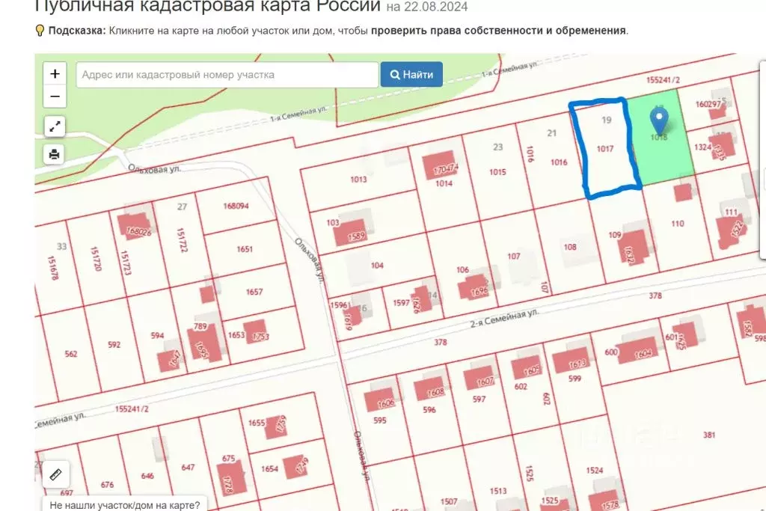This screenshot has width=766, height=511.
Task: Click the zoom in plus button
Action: pos(55,74)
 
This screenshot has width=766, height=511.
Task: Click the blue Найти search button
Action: pos(411,75)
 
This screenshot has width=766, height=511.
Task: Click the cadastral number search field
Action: pos(227,75)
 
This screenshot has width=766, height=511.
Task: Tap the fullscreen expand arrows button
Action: pos(55,126)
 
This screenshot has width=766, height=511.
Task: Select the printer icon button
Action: pos(55,155)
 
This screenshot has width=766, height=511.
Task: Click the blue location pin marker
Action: pos(659,120)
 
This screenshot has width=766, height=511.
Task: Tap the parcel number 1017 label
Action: pos(605,149)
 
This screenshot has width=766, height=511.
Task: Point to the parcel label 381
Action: pos(710,435)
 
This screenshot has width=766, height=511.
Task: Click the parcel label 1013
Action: pos(358,180)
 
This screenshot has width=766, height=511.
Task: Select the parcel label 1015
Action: pos(497,172)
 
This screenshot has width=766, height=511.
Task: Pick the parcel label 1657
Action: pos(254,292)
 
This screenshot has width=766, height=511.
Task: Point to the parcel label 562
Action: pos(71,354)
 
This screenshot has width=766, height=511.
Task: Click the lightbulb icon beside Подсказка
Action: pos(40,31)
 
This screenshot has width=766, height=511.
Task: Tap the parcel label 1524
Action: pos(595,471)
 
